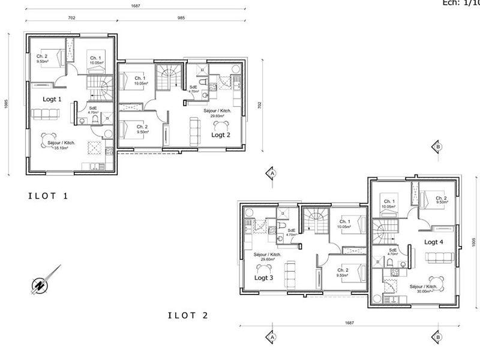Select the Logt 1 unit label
pos(52,99)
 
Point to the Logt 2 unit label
pos(221,135)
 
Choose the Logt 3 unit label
pos(263,278)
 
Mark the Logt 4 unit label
pos(434,242)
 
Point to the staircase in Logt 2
pos(169,78)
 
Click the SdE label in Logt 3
pos(291,230)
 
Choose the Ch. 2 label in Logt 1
pos(42,56)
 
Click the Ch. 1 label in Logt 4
pos(388,202)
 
